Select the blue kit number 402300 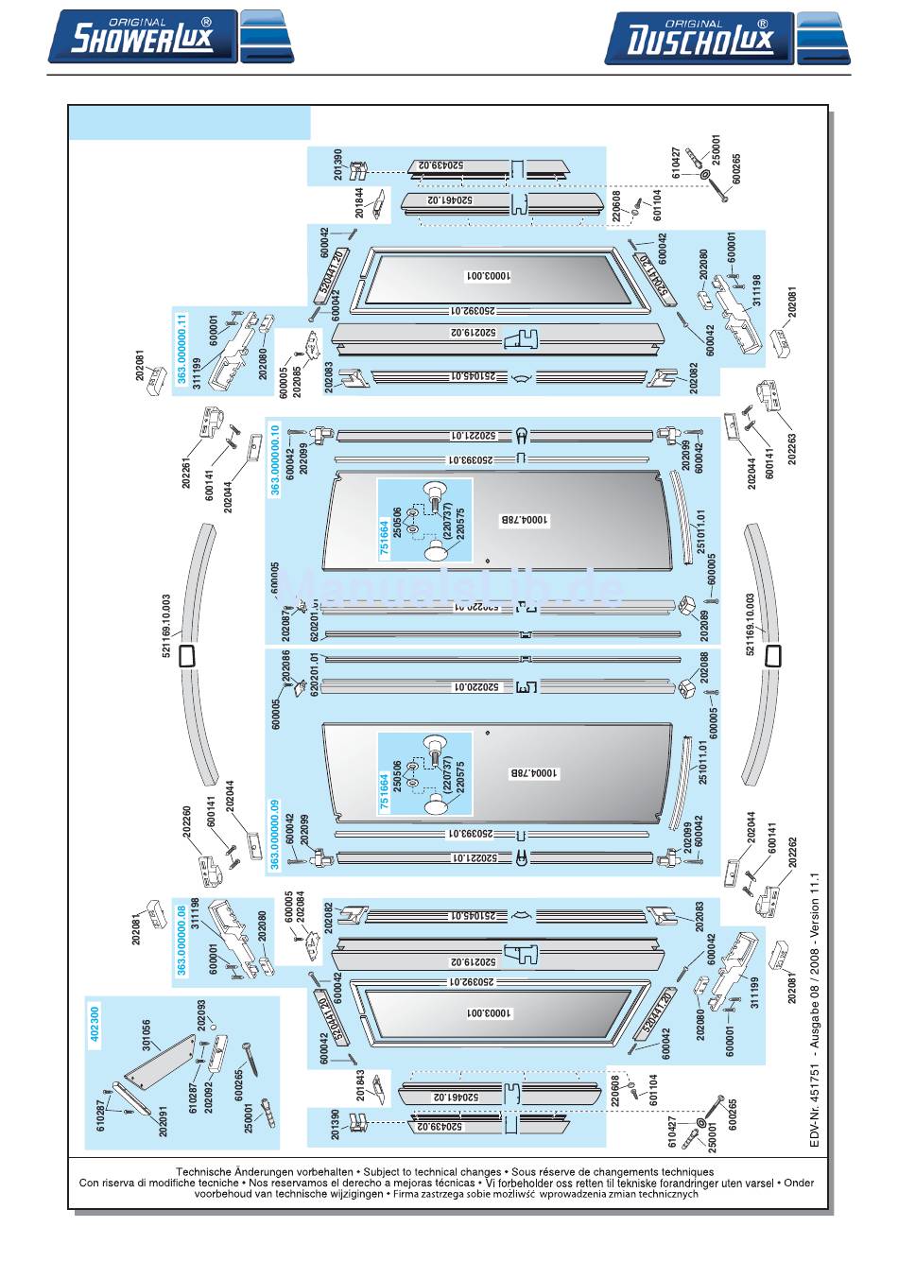pyautogui.click(x=95, y=1025)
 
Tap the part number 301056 pyautogui.click(x=146, y=1036)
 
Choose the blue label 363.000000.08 pyautogui.click(x=181, y=940)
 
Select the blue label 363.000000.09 pyautogui.click(x=275, y=835)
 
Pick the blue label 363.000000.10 pyautogui.click(x=275, y=460)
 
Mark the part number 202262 pyautogui.click(x=792, y=854)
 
